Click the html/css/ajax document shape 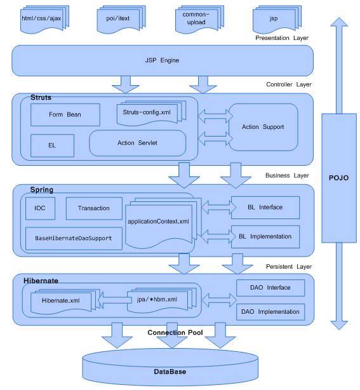[x=41, y=17]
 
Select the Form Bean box [x=65, y=115]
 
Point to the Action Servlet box [x=137, y=143]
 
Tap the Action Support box [x=262, y=127]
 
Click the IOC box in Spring [x=40, y=208]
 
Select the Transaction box [x=93, y=208]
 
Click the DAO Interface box [x=270, y=288]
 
